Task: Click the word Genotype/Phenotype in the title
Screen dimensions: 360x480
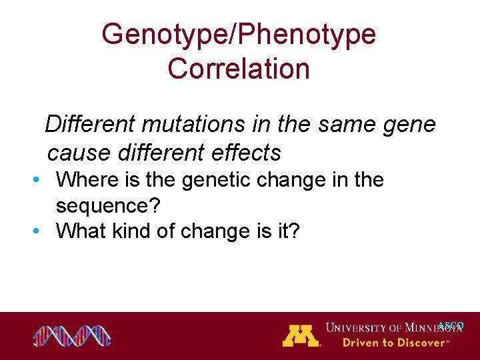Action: [x=239, y=35]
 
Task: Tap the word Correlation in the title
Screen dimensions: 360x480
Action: [x=239, y=69]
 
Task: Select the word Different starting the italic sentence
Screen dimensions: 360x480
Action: [x=89, y=124]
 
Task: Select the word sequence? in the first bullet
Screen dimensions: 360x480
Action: [x=108, y=206]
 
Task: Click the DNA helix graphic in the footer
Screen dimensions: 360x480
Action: [x=72, y=336]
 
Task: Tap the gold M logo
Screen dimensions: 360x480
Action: [x=301, y=335]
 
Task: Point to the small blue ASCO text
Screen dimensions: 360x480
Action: [x=451, y=326]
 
